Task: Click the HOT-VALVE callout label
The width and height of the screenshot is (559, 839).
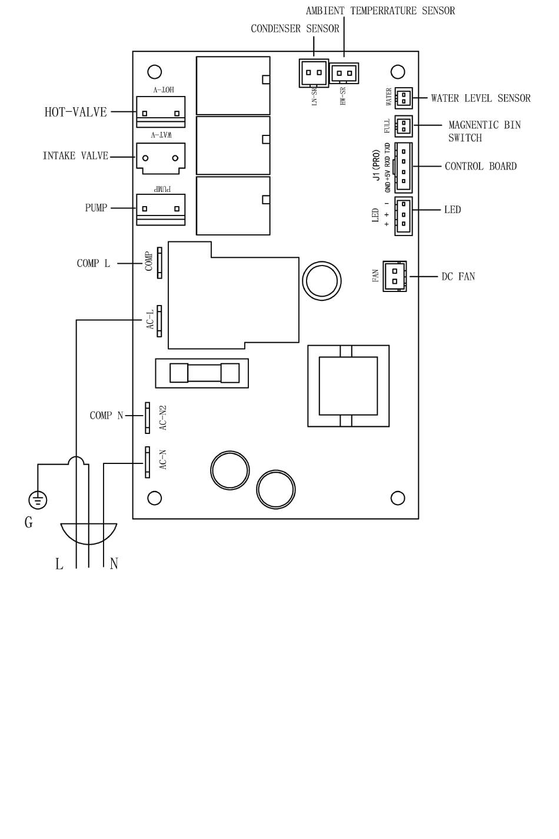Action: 76,112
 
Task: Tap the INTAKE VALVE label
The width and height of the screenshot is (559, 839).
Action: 76,156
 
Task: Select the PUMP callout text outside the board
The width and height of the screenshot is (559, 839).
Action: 97,208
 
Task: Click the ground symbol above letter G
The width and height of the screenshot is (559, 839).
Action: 38,500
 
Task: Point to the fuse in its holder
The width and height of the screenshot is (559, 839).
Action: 204,373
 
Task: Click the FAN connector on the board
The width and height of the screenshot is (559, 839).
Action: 395,276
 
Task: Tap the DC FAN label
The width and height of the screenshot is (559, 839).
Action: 458,277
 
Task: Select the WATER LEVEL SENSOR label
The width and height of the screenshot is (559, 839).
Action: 481,98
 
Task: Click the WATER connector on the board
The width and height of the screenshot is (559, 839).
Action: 404,98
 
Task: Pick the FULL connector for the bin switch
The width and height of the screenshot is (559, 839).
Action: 404,126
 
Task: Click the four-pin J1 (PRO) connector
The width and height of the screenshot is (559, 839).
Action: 404,167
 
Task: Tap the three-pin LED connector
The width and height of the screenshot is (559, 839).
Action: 404,216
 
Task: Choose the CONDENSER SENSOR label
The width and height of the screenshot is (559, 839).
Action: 295,29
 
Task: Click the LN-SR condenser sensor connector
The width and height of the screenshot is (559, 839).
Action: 314,73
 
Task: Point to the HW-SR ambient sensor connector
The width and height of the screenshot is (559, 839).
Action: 344,73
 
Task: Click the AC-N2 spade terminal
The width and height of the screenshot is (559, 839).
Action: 148,418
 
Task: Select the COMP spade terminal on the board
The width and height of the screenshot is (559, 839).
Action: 159,263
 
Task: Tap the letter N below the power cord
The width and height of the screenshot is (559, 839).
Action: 114,563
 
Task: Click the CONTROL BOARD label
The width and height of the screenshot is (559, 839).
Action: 481,166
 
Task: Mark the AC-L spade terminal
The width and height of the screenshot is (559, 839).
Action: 159,321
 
